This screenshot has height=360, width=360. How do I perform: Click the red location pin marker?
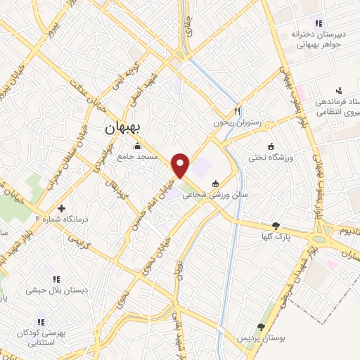click(181, 165)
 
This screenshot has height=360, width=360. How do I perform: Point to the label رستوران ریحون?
click(238, 122)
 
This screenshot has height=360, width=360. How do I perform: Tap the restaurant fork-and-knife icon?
click(238, 110)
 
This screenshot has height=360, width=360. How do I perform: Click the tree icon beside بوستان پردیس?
click(261, 327)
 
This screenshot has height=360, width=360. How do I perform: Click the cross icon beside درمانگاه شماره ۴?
click(62, 208)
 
